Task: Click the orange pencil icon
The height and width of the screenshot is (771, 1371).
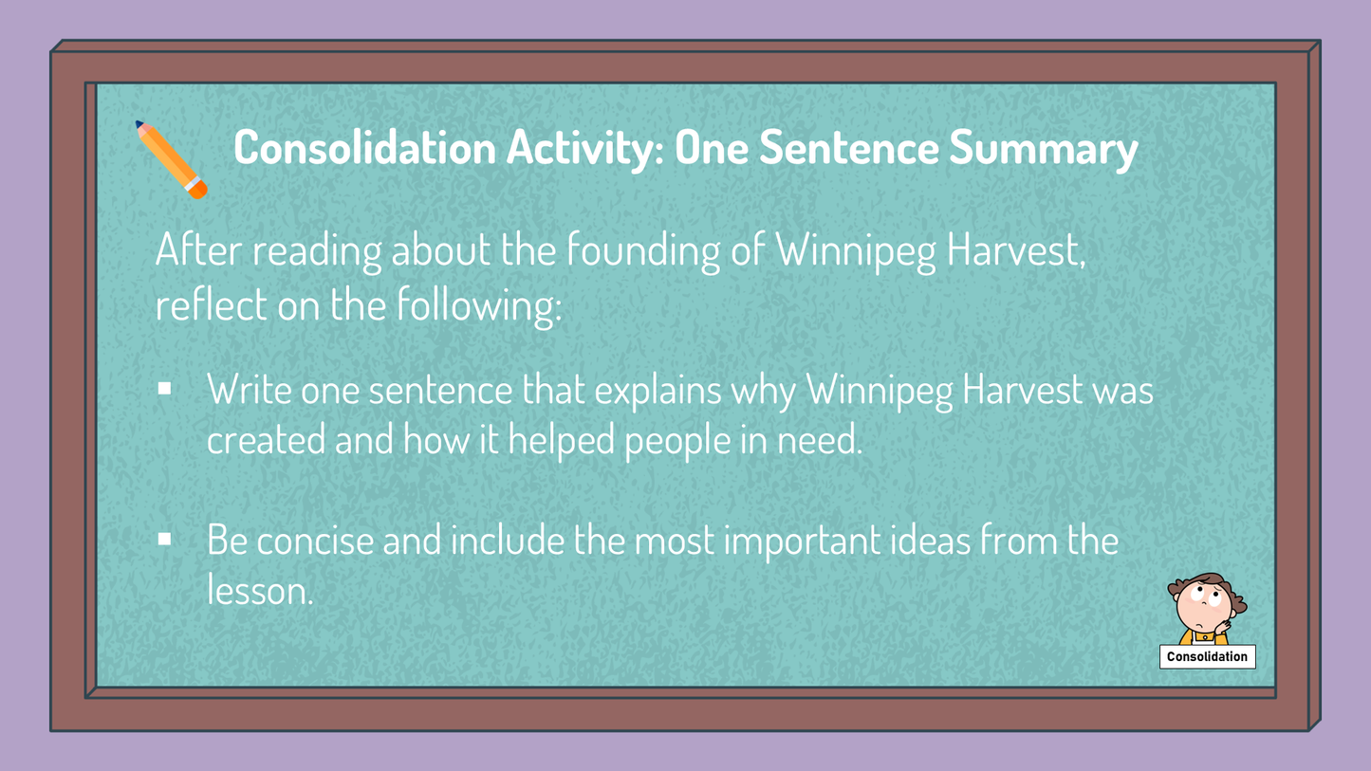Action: pyautogui.click(x=172, y=159)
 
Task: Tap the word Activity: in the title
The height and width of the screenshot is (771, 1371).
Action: pyautogui.click(x=585, y=149)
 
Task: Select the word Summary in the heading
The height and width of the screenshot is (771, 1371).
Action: pyautogui.click(x=1044, y=149)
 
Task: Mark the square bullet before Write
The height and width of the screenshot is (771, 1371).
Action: pyautogui.click(x=164, y=389)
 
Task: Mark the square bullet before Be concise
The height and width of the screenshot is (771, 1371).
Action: pyautogui.click(x=164, y=539)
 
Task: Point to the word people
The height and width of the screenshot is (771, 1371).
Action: pyautogui.click(x=677, y=441)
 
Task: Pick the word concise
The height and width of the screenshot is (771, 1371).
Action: pyautogui.click(x=315, y=541)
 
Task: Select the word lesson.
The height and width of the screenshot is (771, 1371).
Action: pyautogui.click(x=260, y=591)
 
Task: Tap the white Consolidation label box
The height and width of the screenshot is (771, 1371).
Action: pyautogui.click(x=1207, y=656)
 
